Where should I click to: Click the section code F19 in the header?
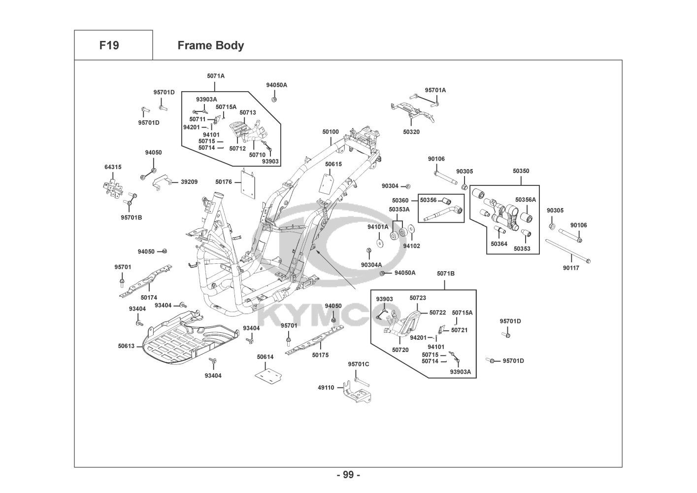point(109,45)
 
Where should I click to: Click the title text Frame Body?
point(210,45)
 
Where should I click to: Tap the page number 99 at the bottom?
point(348,475)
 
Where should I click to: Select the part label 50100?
point(331,132)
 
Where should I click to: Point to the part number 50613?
point(126,346)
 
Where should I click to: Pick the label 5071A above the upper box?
point(215,76)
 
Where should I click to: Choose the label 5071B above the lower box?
point(445,274)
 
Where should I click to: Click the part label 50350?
point(521,171)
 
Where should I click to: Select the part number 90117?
point(571,268)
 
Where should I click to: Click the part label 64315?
point(112,167)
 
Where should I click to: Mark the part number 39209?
point(189,182)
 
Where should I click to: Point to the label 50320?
point(411,132)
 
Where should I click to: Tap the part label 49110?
point(326,387)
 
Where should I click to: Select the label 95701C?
point(358,364)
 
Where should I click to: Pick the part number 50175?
point(320,355)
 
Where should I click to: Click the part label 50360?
point(400,201)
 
